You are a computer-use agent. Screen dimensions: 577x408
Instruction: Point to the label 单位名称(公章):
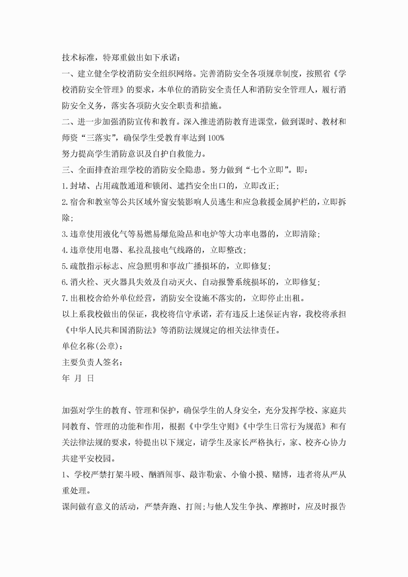[92, 346]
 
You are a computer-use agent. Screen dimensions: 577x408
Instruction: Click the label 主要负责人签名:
[92, 362]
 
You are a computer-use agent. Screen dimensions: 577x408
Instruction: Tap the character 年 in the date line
[66, 378]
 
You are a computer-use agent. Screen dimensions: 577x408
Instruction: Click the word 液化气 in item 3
[115, 234]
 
